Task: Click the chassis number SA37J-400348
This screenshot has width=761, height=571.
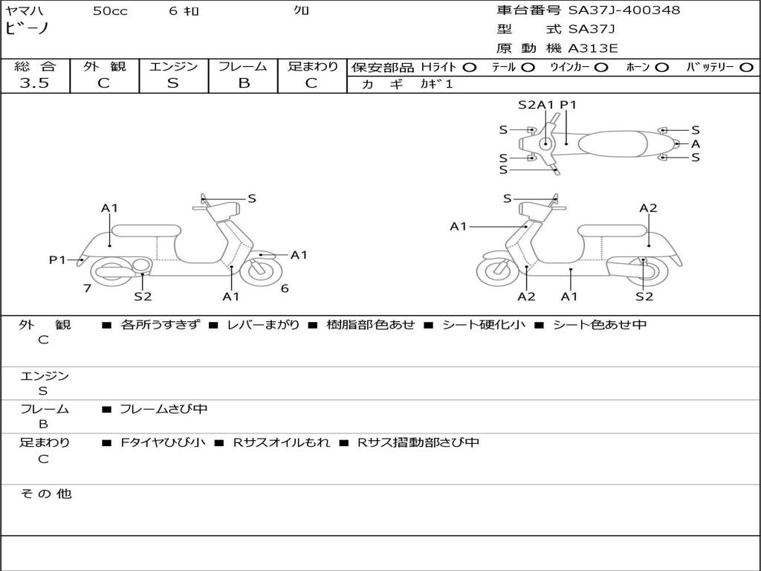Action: (624, 10)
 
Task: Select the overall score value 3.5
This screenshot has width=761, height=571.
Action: (34, 83)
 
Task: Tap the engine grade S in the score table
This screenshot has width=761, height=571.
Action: (173, 83)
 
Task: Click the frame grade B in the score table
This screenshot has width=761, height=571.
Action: (244, 83)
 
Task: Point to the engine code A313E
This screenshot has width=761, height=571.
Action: (593, 49)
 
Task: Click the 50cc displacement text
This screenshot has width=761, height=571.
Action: (109, 11)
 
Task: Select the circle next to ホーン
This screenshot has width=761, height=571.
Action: (662, 67)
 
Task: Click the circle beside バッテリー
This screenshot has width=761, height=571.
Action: (747, 67)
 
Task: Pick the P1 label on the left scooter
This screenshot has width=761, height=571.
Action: (57, 259)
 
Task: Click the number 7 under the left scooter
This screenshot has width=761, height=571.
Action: (87, 288)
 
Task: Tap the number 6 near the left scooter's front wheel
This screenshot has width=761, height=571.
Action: (285, 288)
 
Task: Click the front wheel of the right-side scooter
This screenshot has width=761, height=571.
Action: (497, 271)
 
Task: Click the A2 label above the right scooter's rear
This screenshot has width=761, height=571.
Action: (648, 208)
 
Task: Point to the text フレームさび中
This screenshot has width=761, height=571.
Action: (163, 409)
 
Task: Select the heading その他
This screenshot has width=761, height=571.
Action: (45, 494)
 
